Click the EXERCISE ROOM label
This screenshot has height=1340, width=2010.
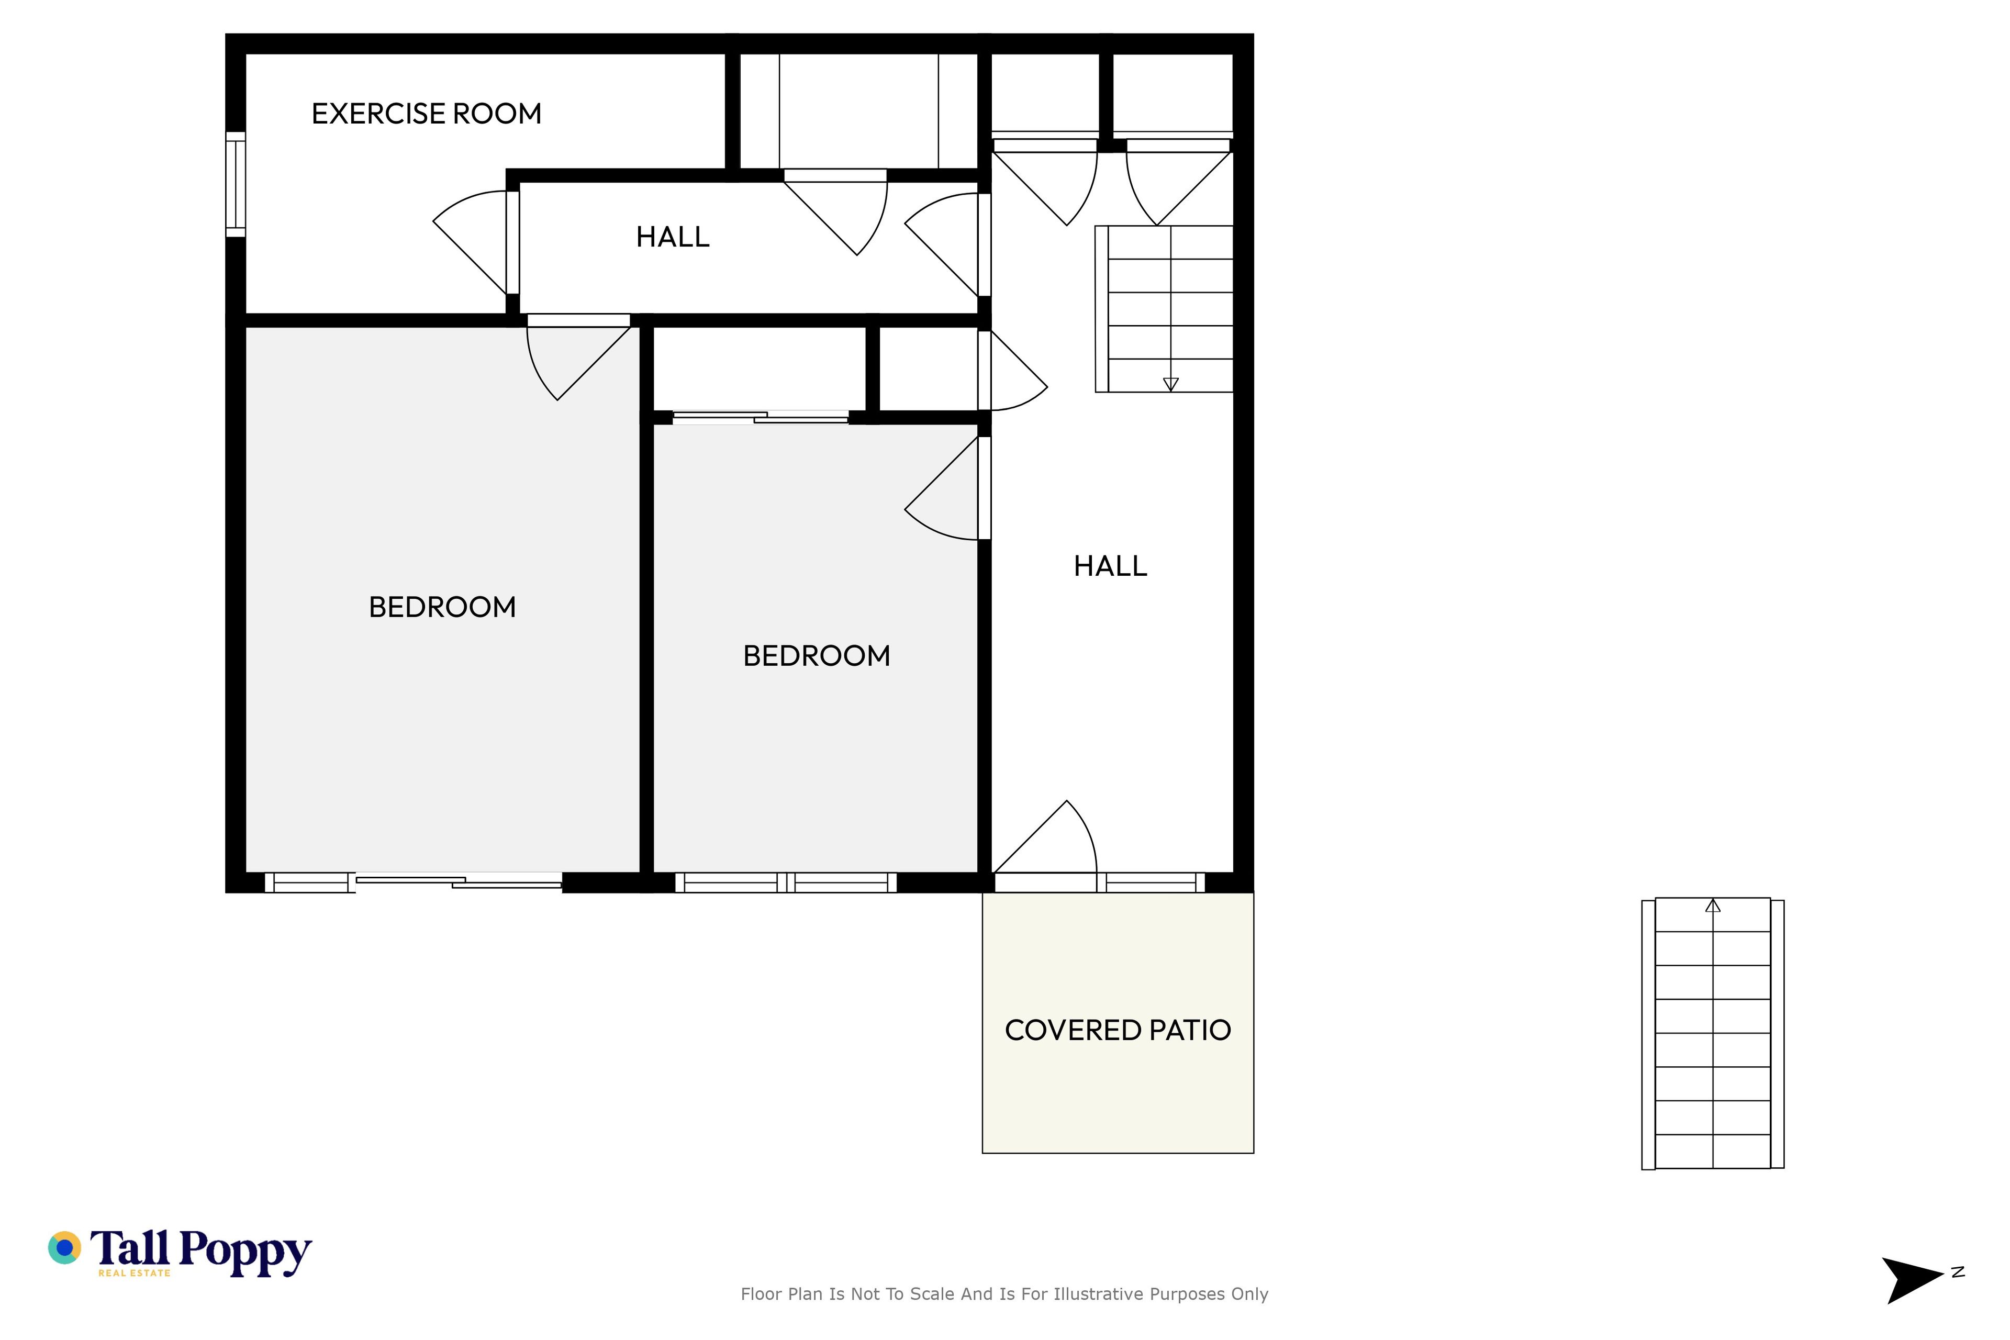click(x=427, y=114)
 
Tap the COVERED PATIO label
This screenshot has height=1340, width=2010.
click(x=1118, y=1031)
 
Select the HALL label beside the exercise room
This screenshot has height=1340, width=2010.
click(x=673, y=237)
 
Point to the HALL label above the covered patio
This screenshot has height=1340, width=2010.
click(x=1110, y=566)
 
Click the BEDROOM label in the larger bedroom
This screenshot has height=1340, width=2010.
click(x=442, y=607)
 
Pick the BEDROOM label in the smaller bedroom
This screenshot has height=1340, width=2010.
click(x=816, y=655)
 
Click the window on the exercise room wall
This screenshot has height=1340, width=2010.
click(x=236, y=185)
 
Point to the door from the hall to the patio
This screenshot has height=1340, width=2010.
click(x=1044, y=837)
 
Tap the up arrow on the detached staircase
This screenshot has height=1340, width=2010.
click(x=1713, y=905)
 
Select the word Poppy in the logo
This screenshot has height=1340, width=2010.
click(x=245, y=1253)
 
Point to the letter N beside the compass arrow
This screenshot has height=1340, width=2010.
click(x=1958, y=1272)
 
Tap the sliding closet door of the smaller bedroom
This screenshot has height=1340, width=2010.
click(x=761, y=417)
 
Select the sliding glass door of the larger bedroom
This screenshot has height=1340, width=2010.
click(x=459, y=882)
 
